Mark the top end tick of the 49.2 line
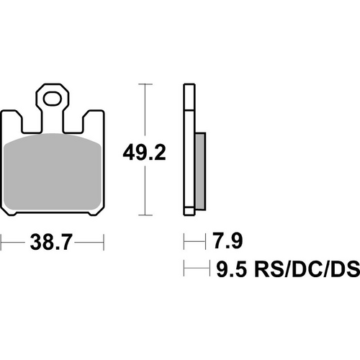click(148, 85)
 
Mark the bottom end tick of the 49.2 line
click(148, 215)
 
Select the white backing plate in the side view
click(189, 151)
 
